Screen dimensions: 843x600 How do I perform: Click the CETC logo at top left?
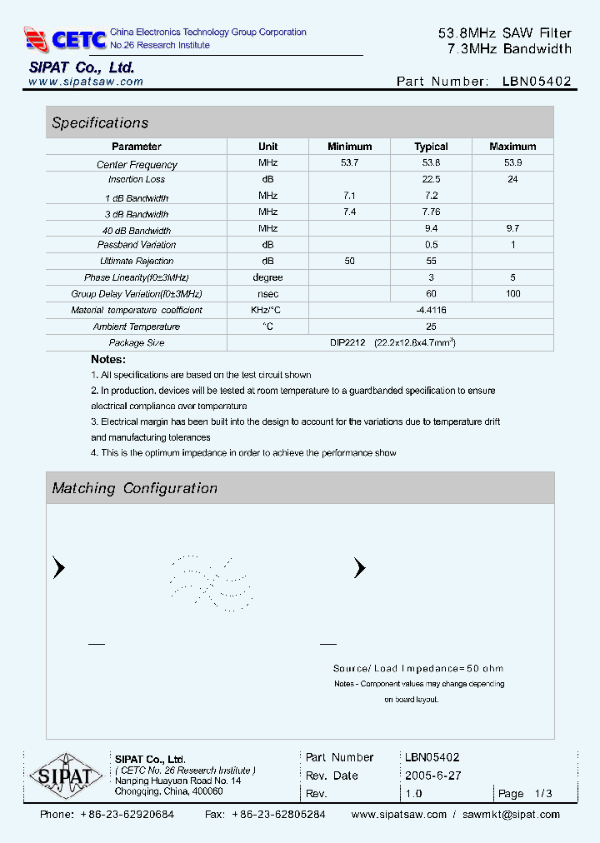tap(65, 38)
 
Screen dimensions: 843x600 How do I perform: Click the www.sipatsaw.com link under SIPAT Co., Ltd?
tap(86, 82)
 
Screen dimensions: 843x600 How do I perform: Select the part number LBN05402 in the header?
tap(537, 82)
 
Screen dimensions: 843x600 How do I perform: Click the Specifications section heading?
tap(100, 123)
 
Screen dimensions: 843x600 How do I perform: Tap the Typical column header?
tap(431, 147)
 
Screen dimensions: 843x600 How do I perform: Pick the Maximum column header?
tap(512, 147)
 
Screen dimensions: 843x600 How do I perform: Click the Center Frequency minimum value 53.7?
tap(349, 163)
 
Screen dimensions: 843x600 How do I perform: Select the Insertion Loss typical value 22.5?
tap(431, 179)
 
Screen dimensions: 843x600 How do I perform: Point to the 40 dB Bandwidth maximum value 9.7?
tap(512, 228)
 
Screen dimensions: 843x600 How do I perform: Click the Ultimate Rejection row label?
tap(137, 262)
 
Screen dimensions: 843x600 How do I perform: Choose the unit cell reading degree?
tap(267, 277)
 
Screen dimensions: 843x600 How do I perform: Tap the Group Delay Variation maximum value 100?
tap(512, 293)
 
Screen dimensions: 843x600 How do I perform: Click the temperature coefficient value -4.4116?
tap(431, 310)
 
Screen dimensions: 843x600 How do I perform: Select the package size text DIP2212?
tap(347, 342)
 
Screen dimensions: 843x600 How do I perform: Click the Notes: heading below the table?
tap(108, 359)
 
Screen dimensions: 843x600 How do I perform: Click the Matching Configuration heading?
tap(134, 488)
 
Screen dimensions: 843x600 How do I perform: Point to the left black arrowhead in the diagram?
tap(58, 568)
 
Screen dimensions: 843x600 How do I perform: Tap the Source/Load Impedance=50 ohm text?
tap(417, 668)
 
